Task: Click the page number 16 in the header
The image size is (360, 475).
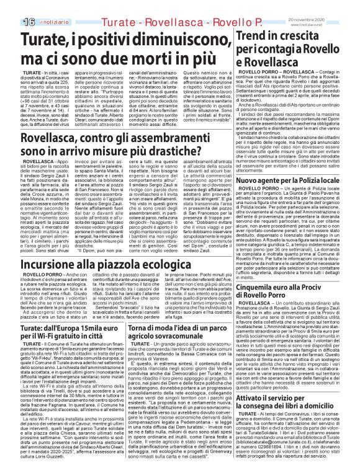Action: [x=12, y=6]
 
